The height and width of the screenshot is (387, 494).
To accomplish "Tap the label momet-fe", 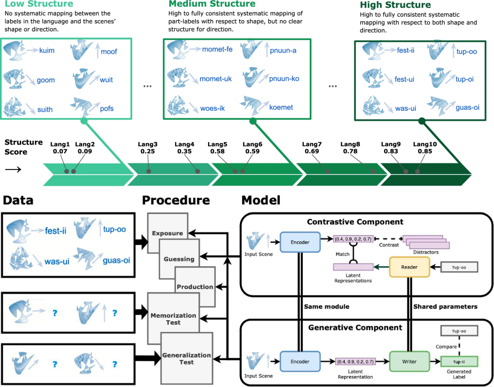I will coord(217,49).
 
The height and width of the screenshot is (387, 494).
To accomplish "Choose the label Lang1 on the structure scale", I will coord(60,144).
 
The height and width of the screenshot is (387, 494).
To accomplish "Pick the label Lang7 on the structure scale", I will coord(312,144).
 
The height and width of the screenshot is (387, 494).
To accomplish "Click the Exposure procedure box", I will coord(168,233).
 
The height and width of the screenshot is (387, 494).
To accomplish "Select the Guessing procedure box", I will coord(179,259).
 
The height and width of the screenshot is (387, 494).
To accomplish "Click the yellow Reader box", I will coord(409,266).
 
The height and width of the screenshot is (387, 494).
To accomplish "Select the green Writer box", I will coord(409,362).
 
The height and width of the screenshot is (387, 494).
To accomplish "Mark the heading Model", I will coord(261,200).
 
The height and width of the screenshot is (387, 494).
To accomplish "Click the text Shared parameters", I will coord(445,307).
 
